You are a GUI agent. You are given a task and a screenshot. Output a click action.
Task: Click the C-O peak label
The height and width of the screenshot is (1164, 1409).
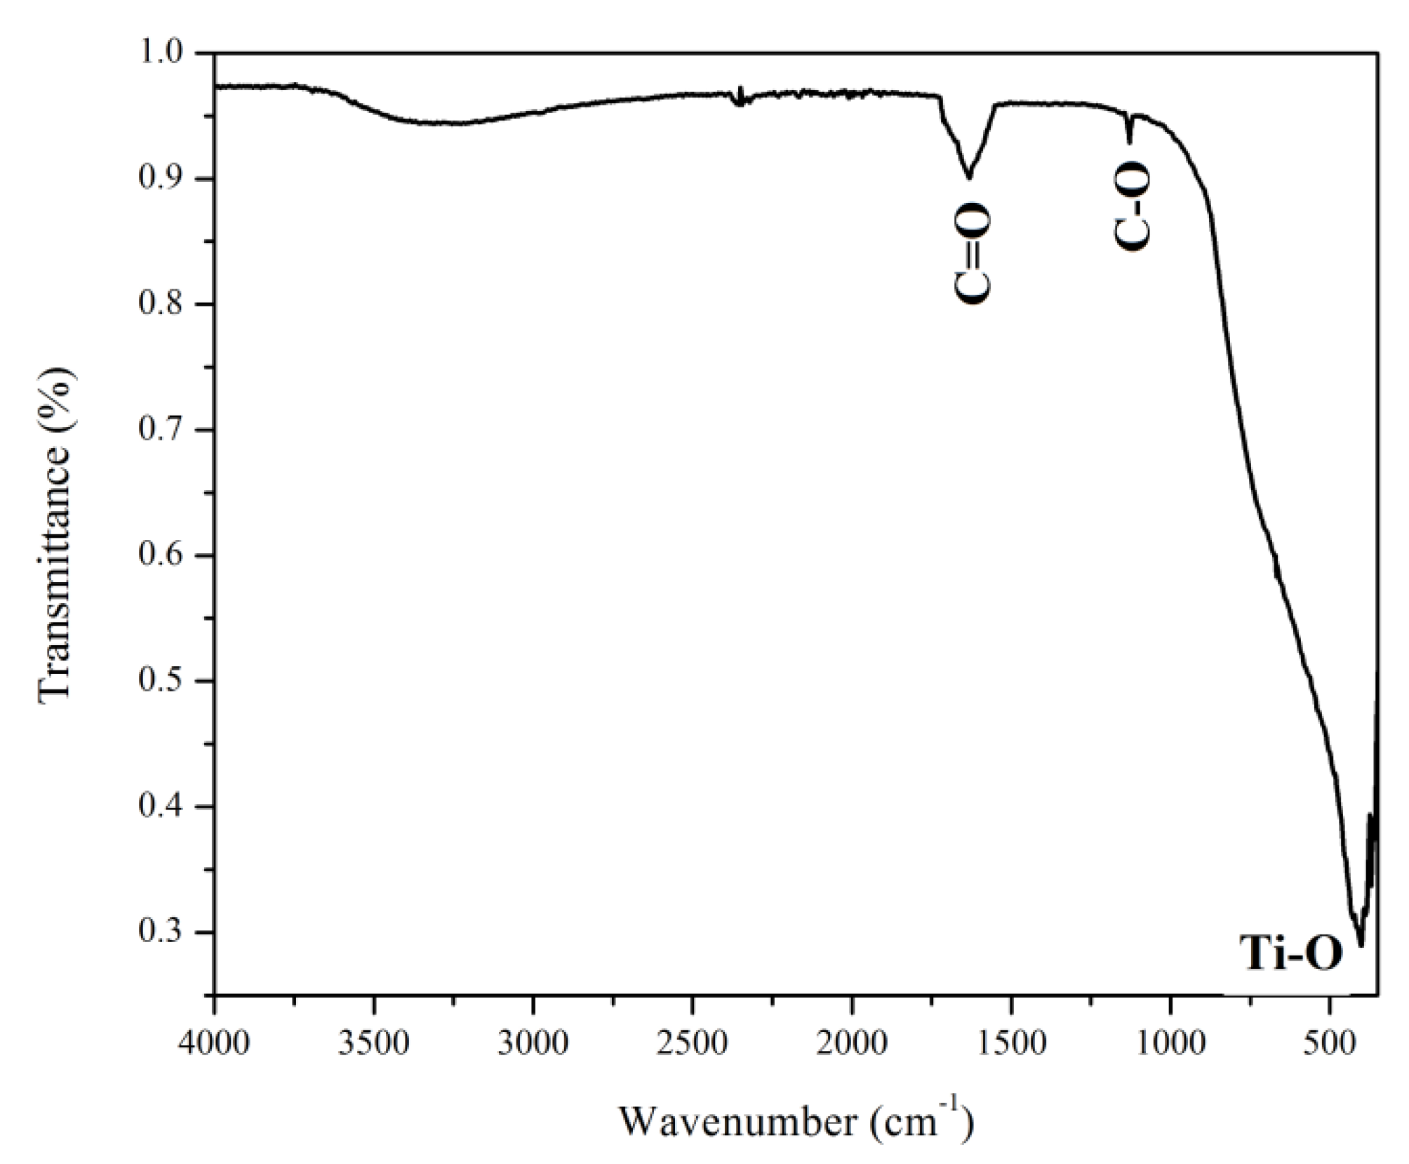[1132, 206]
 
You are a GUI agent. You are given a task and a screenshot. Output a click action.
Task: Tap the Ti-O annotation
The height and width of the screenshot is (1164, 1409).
[1290, 953]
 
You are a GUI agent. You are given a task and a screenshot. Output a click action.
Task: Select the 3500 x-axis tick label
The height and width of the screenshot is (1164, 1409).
[374, 1043]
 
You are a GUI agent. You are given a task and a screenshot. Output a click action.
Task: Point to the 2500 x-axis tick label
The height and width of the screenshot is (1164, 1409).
[693, 1043]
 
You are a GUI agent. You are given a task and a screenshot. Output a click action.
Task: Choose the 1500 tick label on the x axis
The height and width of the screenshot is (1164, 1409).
[1011, 1043]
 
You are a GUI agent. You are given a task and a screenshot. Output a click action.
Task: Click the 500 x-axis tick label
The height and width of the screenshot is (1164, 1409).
[1330, 1043]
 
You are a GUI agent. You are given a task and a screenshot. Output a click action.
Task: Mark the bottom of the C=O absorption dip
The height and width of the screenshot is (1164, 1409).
[969, 178]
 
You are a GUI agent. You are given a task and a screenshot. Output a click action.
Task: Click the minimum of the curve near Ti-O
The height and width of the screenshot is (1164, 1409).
[1361, 945]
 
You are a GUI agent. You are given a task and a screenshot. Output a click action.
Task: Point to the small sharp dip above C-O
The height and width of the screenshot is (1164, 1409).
[1129, 140]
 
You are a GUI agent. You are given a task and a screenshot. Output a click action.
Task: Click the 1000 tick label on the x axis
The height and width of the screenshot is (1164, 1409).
[1170, 1043]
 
